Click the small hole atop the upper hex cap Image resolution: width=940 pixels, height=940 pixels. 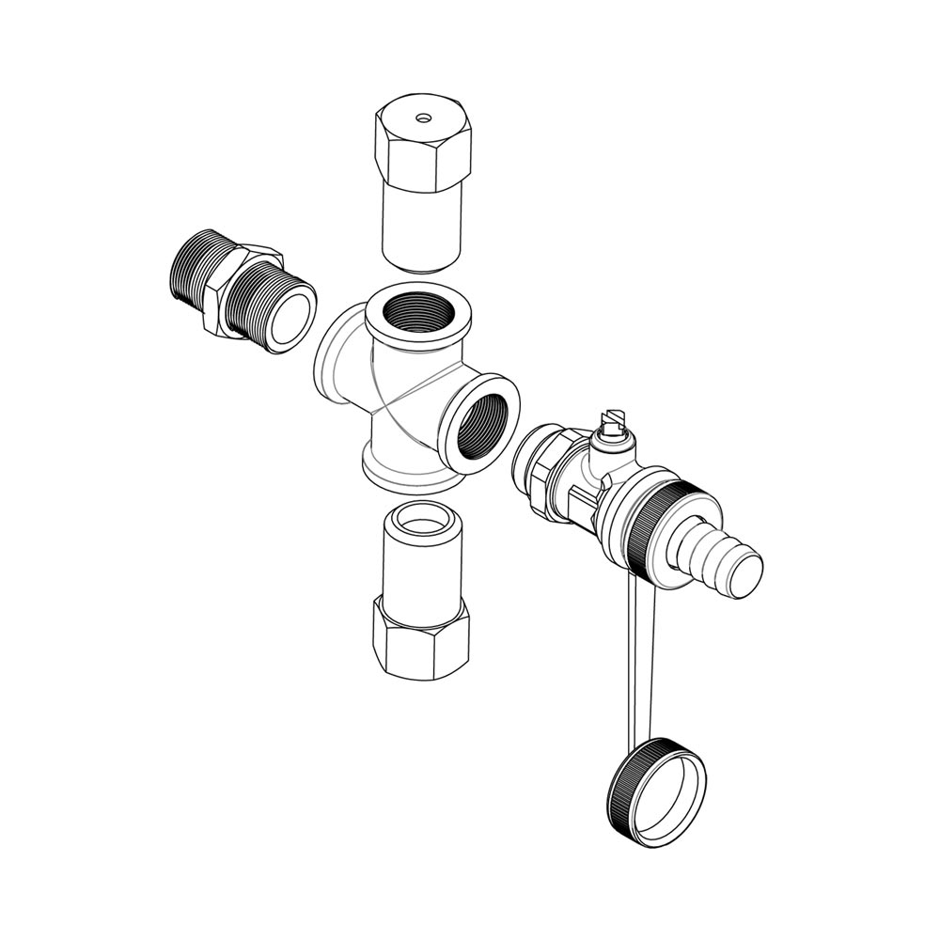pos(424,119)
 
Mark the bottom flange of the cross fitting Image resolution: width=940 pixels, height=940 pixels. pos(404,475)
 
